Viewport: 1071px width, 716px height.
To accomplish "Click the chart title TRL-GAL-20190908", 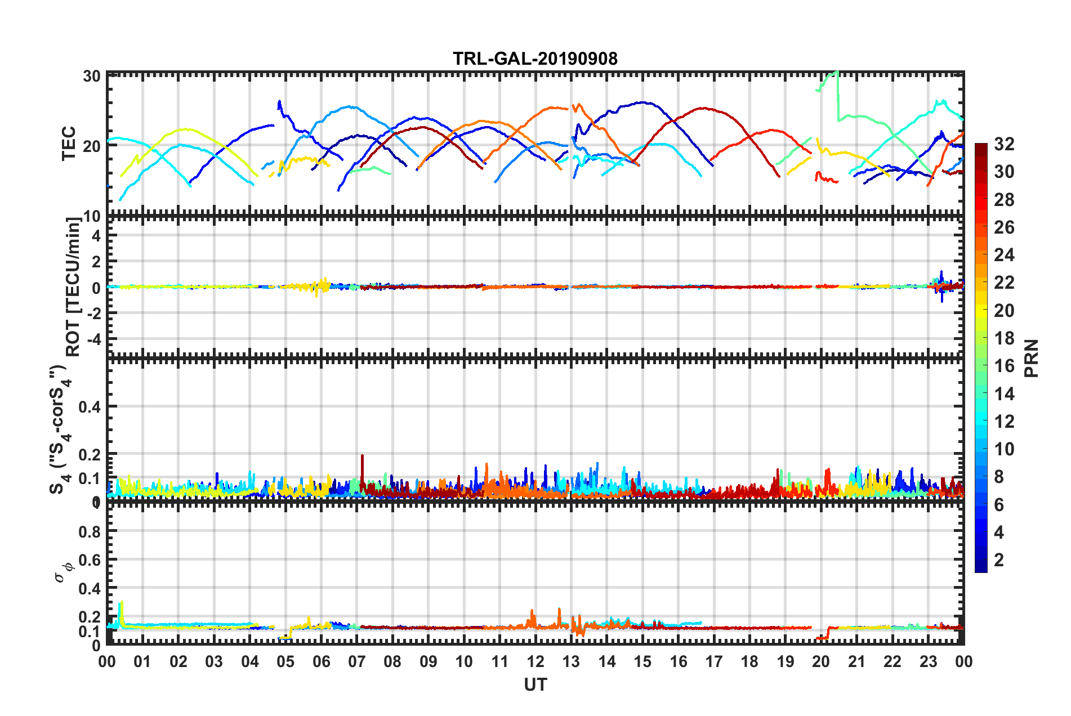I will point(535,59).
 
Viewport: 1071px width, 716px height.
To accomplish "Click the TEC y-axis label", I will point(69,144).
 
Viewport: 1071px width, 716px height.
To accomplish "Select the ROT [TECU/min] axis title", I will point(73,287).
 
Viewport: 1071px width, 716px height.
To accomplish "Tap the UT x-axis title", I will point(535,684).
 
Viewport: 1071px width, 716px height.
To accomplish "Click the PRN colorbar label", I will point(1032,359).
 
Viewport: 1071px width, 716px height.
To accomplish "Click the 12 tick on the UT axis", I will point(535,662).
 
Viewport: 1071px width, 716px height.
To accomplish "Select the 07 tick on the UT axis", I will point(357,662).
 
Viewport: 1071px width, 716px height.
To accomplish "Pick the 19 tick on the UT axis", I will point(786,662).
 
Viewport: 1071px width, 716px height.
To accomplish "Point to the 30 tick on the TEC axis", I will point(92,77).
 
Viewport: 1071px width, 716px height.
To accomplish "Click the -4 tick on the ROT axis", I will point(93,339).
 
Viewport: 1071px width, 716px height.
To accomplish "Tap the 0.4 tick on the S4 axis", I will point(90,406).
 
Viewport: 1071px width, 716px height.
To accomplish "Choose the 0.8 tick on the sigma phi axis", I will point(90,531).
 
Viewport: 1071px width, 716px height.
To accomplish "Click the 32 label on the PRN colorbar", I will point(1003,144).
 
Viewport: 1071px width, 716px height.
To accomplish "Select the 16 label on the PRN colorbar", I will point(1003,366).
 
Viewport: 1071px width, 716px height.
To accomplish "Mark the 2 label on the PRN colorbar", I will point(999,560).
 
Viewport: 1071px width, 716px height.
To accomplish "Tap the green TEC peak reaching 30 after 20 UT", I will point(837,72).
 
